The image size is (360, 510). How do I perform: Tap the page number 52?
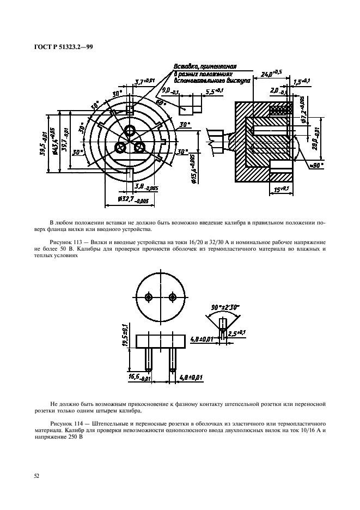click(36, 476)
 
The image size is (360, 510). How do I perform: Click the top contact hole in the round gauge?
click(130, 131)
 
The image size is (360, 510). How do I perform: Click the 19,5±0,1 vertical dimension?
click(125, 333)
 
